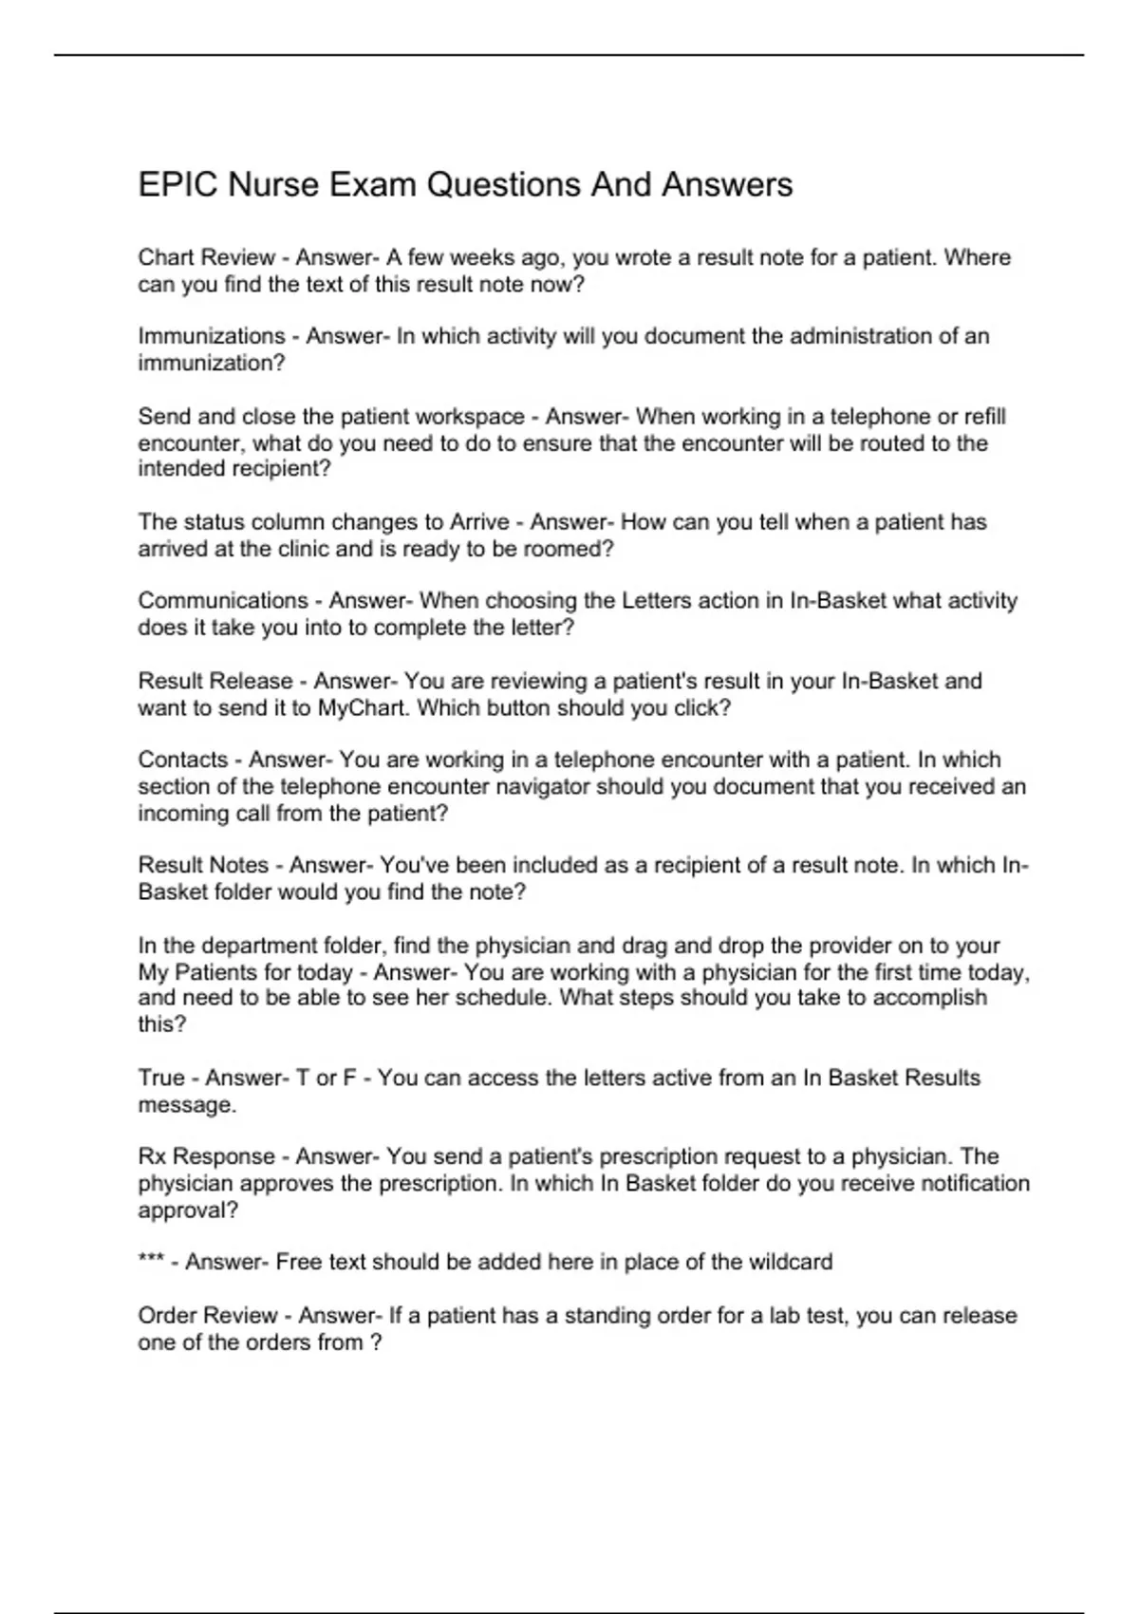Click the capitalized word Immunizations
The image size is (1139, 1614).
coord(212,336)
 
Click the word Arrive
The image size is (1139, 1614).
coord(479,522)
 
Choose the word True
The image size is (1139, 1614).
coord(161,1079)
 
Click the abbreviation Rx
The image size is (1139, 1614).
coord(152,1156)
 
